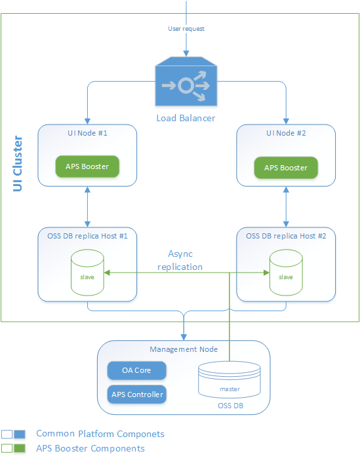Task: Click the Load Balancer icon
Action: coord(186,83)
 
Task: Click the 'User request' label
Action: coord(186,29)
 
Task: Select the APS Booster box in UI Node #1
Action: coord(87,166)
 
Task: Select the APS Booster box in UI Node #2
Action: coord(286,168)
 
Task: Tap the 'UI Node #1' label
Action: coord(87,133)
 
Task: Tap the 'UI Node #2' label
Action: coord(286,133)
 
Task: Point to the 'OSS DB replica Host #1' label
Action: coord(87,235)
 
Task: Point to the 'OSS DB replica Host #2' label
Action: coord(286,235)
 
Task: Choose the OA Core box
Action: coord(136,370)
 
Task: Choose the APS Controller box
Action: coord(136,394)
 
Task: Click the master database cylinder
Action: coord(230,384)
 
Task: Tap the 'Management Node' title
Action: coord(183,349)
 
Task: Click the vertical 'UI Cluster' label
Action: coord(18,164)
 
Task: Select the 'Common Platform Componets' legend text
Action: coord(100,434)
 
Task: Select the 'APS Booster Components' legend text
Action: coord(90,448)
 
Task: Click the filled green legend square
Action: coord(20,449)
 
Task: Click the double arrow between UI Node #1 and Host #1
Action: coord(87,206)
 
